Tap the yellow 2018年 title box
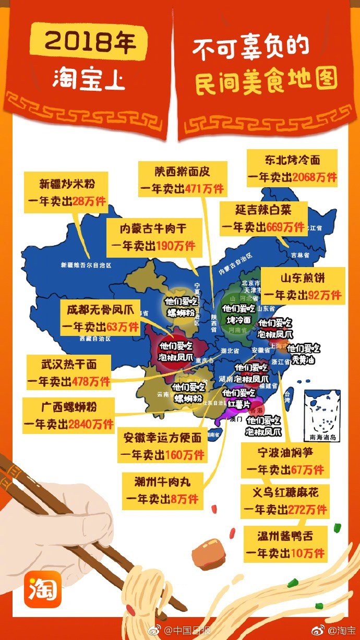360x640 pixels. click(88, 41)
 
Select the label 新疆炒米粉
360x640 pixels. click(67, 184)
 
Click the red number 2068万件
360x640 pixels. click(315, 177)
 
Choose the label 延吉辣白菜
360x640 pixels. click(263, 210)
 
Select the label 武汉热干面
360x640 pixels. click(69, 364)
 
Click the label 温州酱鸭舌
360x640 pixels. click(285, 536)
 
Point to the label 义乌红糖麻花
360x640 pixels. click(285, 492)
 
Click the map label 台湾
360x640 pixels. click(287, 398)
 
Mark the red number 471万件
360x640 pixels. click(204, 188)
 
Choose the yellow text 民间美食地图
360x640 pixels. click(266, 81)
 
